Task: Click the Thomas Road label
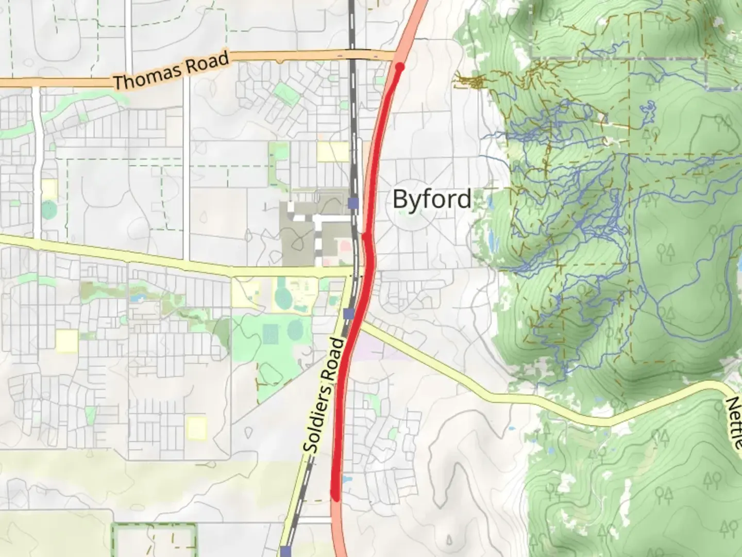click(x=171, y=71)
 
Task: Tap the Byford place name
click(x=432, y=199)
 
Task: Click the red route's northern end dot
click(x=399, y=67)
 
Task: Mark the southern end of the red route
click(x=336, y=497)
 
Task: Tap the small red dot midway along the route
click(x=365, y=236)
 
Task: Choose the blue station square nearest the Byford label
click(x=353, y=203)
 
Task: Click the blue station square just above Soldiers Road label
click(x=349, y=313)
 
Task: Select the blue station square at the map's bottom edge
click(x=286, y=551)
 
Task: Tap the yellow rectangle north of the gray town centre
click(x=333, y=151)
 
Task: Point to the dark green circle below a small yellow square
click(x=49, y=210)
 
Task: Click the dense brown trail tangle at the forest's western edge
click(x=471, y=81)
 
